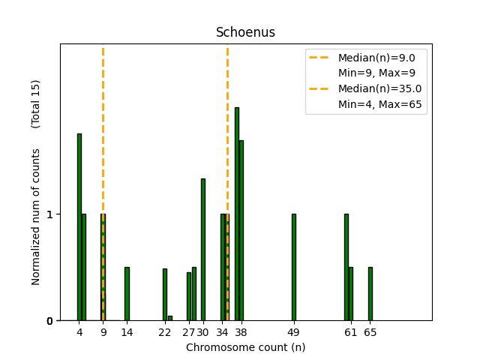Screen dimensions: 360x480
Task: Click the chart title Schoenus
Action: pos(240,32)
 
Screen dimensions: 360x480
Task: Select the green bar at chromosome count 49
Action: pos(294,267)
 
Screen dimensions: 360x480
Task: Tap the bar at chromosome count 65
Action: pos(370,293)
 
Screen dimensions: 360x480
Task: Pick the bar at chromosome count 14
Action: pos(127,293)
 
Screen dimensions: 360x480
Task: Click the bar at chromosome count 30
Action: pos(203,249)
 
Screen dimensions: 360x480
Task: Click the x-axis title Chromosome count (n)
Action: pos(245,347)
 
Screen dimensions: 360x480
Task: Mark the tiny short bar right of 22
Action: pos(170,318)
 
